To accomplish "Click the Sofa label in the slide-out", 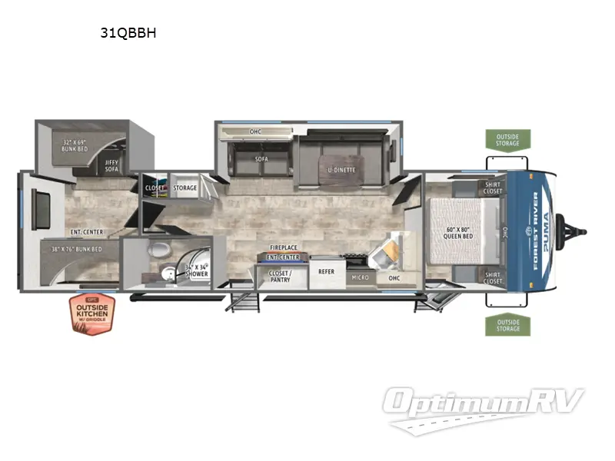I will [x=261, y=159].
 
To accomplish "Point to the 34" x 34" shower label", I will [x=196, y=270].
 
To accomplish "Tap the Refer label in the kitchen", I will [x=326, y=271].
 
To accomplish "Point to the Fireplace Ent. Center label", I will [x=283, y=252].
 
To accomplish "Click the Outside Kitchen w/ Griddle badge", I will [x=91, y=314].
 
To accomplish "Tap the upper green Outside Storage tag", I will [x=507, y=140].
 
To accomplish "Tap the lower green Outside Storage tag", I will [x=507, y=324].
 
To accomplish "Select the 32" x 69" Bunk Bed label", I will [x=76, y=146].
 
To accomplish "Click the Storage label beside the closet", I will [x=184, y=187].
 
